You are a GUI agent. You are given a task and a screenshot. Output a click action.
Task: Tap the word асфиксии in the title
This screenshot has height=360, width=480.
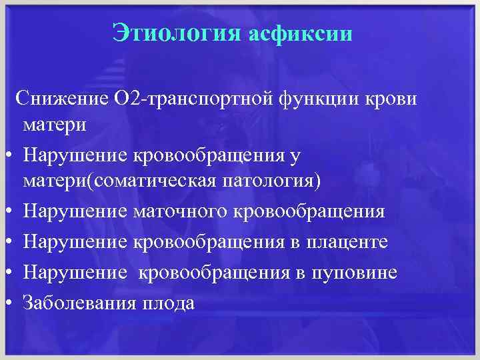[x=299, y=33]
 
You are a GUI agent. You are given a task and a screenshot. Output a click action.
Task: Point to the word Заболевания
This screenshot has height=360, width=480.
[x=79, y=303]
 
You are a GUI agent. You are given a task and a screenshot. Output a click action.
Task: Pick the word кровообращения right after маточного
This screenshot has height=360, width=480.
[x=308, y=211]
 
